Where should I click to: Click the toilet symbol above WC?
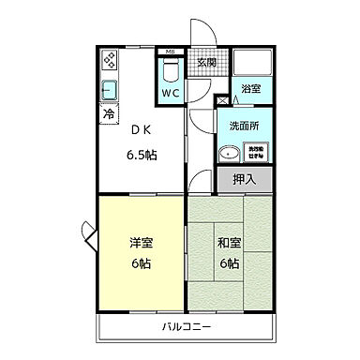tap(170, 71)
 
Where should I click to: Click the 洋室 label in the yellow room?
tap(141, 243)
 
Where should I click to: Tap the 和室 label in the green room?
tap(229, 243)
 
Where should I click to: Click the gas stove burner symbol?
tap(109, 62)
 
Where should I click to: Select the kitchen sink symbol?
tap(109, 92)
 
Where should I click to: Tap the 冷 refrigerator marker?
tap(109, 113)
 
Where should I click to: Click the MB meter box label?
tap(170, 51)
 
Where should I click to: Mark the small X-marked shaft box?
tap(222, 99)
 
